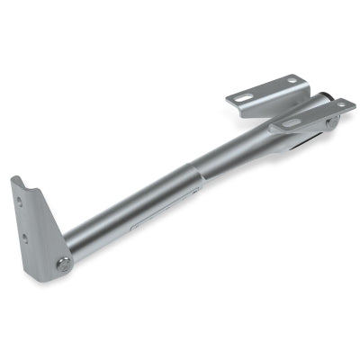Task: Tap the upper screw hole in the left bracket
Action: pos(23,216)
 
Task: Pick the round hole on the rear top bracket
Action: pos(292,81)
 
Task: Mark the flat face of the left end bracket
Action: pos(36,225)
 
